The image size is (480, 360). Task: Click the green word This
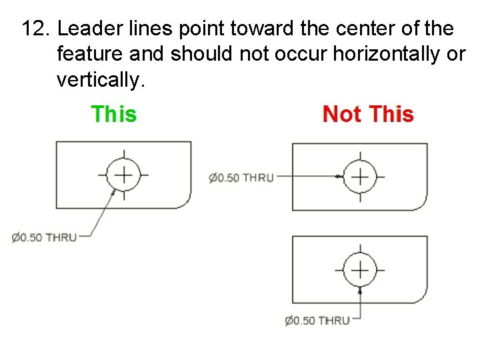[113, 115]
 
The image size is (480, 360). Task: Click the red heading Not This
[368, 115]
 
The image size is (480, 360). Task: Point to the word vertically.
[99, 80]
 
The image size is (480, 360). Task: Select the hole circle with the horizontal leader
[360, 177]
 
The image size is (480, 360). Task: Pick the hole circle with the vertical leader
[360, 270]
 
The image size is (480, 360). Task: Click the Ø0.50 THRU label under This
[44, 237]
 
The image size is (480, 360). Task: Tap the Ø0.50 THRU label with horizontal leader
[241, 177]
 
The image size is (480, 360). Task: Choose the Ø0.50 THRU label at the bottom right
[317, 321]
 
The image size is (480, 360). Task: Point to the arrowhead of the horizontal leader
[339, 177]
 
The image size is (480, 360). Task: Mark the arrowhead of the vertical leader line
[360, 290]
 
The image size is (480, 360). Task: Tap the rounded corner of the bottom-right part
[421, 296]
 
